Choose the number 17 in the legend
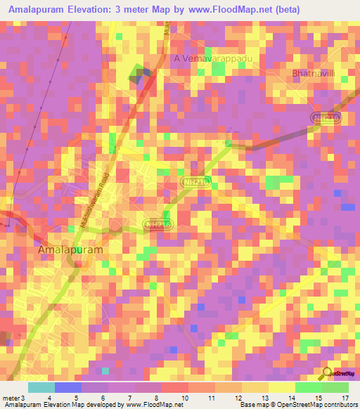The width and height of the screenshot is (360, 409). coord(344,398)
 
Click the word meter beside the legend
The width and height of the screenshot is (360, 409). coord(9,398)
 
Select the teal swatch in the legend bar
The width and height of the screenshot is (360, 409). coord(41,387)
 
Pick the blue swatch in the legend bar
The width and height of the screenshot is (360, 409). coord(68,387)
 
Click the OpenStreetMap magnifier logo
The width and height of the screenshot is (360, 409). coord(328,373)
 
